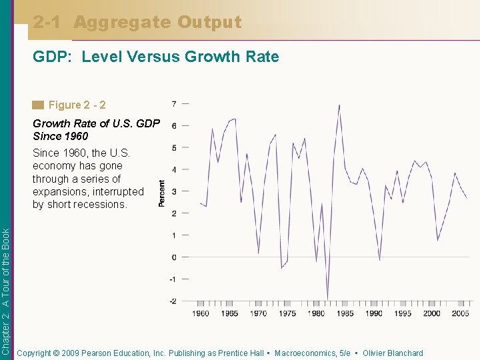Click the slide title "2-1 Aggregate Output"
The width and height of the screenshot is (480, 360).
point(137,23)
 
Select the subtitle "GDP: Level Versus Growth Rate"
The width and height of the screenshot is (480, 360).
point(156,57)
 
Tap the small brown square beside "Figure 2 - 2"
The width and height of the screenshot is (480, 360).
point(38,105)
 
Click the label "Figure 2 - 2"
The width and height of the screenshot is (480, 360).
point(77,105)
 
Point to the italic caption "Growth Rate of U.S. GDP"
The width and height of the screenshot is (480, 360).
point(96,123)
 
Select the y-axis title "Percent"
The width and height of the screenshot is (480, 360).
point(162,193)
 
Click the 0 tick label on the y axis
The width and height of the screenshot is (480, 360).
point(174,257)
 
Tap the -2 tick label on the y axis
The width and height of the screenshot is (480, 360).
point(173,301)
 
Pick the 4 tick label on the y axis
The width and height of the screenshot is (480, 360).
point(174,170)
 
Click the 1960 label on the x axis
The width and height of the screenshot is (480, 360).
point(201,313)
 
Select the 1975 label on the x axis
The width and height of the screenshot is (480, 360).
point(287,313)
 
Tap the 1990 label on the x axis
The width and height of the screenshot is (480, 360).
point(373,313)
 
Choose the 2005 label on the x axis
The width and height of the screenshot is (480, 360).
point(459,313)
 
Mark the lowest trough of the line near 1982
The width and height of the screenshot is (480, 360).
point(327,299)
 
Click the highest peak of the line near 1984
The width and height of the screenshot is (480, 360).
point(339,105)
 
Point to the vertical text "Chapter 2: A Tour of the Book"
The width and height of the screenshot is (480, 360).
point(6,291)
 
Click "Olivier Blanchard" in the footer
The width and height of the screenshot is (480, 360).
point(393,353)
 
